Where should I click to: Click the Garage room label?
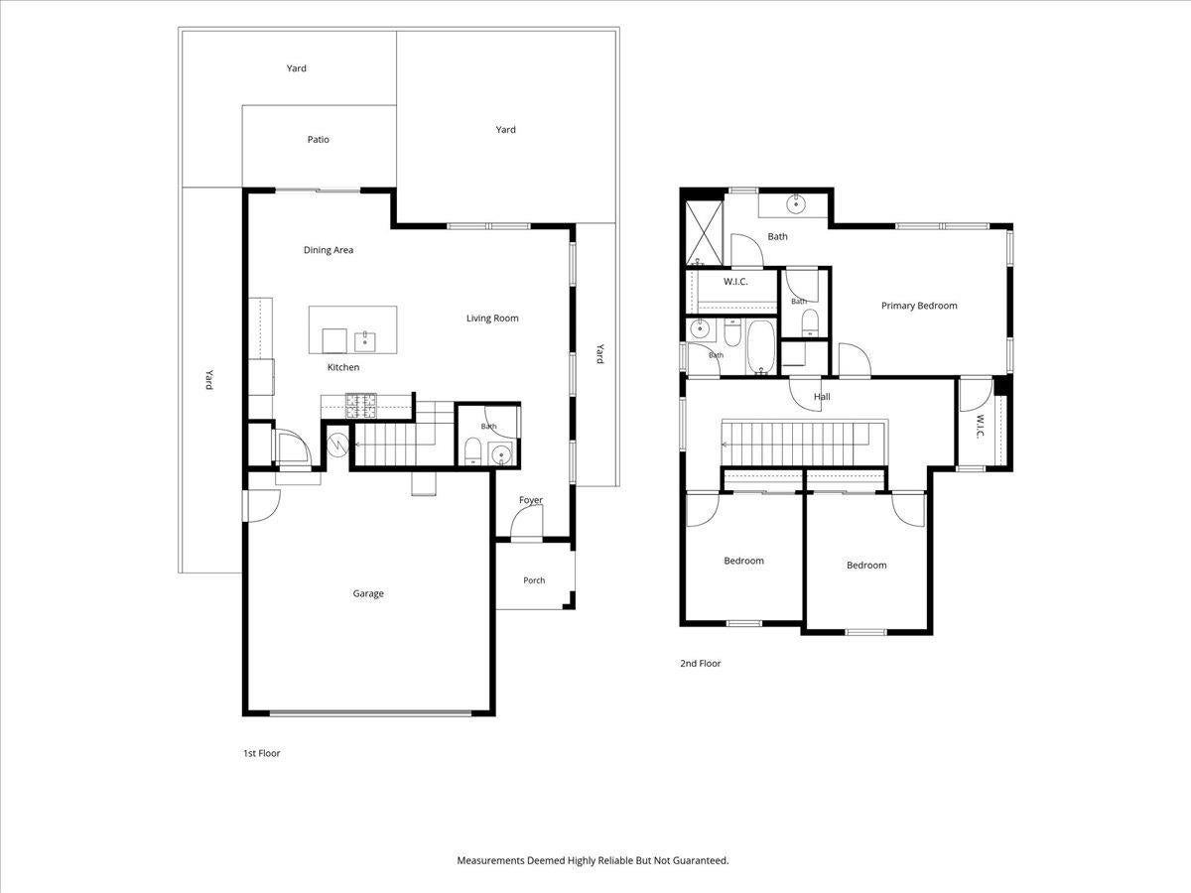pyautogui.click(x=368, y=593)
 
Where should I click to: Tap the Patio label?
pyautogui.click(x=318, y=139)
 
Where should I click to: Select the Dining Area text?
pyautogui.click(x=329, y=250)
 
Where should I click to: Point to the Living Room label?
pyautogui.click(x=492, y=319)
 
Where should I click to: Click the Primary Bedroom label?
pyautogui.click(x=919, y=306)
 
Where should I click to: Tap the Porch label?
pyautogui.click(x=534, y=580)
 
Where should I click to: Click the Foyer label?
pyautogui.click(x=531, y=500)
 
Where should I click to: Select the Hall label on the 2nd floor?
pyautogui.click(x=822, y=396)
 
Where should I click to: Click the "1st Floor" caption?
pyautogui.click(x=262, y=753)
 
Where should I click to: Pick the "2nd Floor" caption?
pyautogui.click(x=701, y=663)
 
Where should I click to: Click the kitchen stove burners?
pyautogui.click(x=361, y=406)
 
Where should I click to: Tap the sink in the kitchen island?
pyautogui.click(x=364, y=342)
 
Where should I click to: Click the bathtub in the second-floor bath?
pyautogui.click(x=761, y=346)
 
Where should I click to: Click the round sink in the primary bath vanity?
pyautogui.click(x=795, y=204)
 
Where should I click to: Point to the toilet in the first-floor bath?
pyautogui.click(x=472, y=450)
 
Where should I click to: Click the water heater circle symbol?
pyautogui.click(x=337, y=445)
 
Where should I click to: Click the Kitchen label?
pyautogui.click(x=343, y=367)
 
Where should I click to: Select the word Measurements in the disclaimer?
pyautogui.click(x=490, y=860)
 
